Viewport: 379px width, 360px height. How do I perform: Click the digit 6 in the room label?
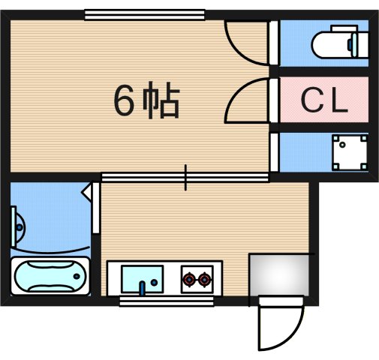pyautogui.click(x=123, y=100)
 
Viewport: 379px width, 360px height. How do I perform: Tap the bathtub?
pyautogui.click(x=50, y=277)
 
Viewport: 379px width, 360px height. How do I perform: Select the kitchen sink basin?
pyautogui.click(x=141, y=279)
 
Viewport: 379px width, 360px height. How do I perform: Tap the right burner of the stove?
pyautogui.click(x=204, y=280)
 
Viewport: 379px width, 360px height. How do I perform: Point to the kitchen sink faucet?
pyautogui.click(x=141, y=286)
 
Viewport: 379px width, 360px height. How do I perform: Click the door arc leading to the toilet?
pyautogui.click(x=245, y=41)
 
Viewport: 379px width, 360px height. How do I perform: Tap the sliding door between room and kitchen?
pyautogui.click(x=185, y=178)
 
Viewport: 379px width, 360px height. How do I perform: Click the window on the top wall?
pyautogui.click(x=143, y=14)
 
